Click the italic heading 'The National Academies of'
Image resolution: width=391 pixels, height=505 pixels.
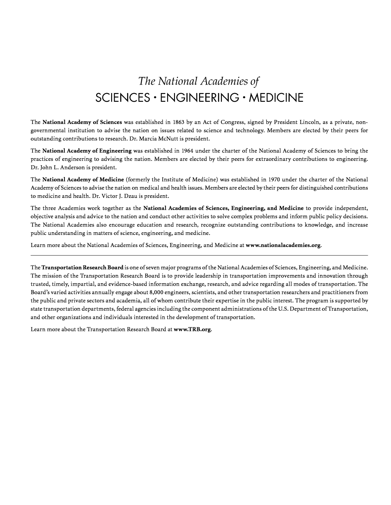[x=199, y=81]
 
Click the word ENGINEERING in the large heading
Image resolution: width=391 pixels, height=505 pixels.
[x=199, y=97]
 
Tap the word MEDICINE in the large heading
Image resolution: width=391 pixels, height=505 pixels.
[x=276, y=97]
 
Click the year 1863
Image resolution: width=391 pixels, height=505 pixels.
[x=179, y=122]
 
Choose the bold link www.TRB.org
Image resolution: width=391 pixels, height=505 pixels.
[x=193, y=329]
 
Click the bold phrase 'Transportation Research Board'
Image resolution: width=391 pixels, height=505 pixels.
[x=82, y=267]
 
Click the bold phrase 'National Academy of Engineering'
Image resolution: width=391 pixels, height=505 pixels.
[x=87, y=151]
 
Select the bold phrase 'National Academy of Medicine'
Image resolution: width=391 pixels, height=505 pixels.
[x=83, y=180]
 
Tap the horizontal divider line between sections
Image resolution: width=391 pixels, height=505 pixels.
[x=199, y=256]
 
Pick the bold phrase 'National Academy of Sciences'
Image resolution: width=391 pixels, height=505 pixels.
[x=82, y=122]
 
